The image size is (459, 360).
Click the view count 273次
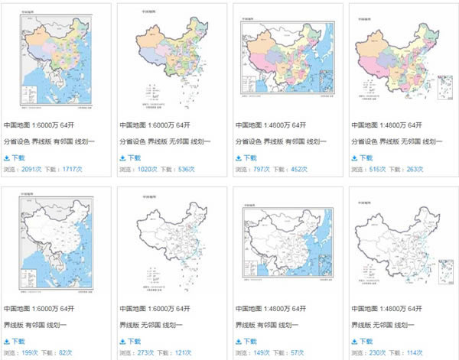click(x=146, y=353)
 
